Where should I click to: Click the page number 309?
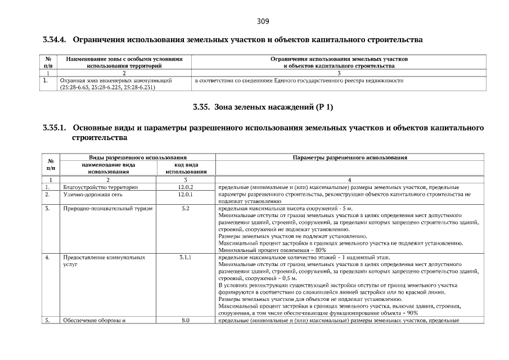click(x=263, y=22)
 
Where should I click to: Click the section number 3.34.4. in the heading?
click(x=55, y=40)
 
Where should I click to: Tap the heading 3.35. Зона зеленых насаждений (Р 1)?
click(x=263, y=107)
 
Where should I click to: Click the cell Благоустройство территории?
click(x=100, y=187)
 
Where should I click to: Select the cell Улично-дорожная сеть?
click(x=89, y=194)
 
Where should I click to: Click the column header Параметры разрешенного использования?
click(x=350, y=158)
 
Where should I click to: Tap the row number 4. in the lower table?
click(x=48, y=257)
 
